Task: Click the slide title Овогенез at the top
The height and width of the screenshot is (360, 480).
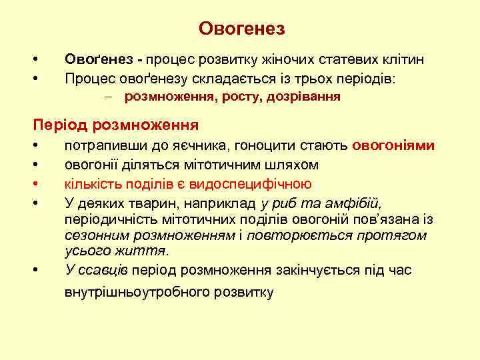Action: (x=241, y=29)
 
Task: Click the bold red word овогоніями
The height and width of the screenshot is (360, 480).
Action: (x=394, y=146)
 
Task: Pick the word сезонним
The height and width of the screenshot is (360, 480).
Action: (x=97, y=235)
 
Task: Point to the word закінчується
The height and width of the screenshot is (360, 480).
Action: (x=313, y=270)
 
